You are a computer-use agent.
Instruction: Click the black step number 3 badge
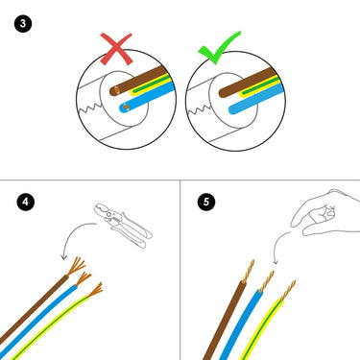[23, 23]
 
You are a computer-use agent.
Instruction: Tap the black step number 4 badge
[26, 202]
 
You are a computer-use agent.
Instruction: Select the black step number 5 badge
[206, 202]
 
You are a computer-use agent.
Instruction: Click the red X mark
[116, 49]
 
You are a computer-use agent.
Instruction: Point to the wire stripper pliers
[123, 225]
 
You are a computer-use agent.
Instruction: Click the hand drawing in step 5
[324, 213]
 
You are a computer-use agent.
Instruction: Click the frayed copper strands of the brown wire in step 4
[76, 266]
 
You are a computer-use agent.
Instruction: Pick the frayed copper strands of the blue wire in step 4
[83, 278]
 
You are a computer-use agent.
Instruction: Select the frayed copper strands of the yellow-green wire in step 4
[95, 290]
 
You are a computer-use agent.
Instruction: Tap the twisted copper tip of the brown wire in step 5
[249, 271]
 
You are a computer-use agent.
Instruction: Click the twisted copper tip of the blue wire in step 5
[267, 281]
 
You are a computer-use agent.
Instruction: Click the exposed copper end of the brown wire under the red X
[116, 90]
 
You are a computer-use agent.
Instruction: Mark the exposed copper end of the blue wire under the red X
[126, 107]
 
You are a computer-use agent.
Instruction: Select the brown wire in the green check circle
[248, 83]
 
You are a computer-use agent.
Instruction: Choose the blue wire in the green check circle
[256, 99]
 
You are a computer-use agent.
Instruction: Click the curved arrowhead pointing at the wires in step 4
[64, 257]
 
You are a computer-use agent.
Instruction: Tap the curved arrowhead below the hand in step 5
[276, 262]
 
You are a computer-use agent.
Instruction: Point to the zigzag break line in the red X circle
[89, 107]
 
